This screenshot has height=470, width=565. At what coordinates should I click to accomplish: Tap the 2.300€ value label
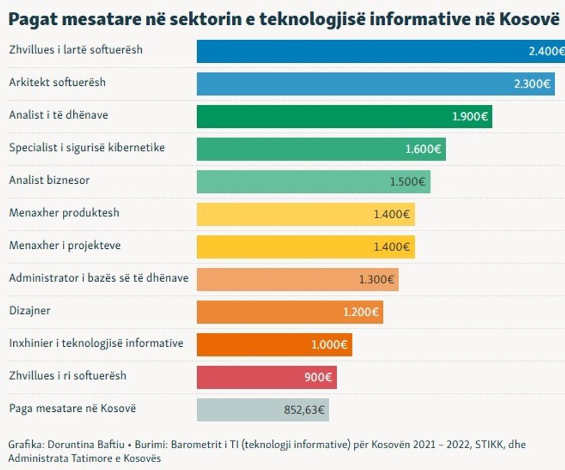(x=532, y=84)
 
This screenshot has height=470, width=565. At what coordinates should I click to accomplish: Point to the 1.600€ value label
(x=423, y=149)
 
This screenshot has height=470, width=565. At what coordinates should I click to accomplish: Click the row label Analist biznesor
(x=50, y=180)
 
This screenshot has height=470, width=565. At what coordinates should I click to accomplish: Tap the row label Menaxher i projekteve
(x=65, y=245)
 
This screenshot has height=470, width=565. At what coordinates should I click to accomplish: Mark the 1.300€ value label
(x=376, y=280)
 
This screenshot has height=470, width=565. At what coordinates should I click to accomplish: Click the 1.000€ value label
(x=329, y=345)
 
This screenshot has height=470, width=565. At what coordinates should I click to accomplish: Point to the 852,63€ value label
(x=304, y=411)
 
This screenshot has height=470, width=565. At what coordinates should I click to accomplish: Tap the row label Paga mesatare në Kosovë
(x=73, y=408)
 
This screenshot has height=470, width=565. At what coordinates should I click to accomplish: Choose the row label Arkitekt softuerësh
(x=58, y=82)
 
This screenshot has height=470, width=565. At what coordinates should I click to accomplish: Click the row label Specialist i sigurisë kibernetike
(x=87, y=147)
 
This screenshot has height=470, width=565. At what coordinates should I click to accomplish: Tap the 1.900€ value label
(x=470, y=117)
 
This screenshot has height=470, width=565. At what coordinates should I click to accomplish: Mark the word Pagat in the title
(x=29, y=19)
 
